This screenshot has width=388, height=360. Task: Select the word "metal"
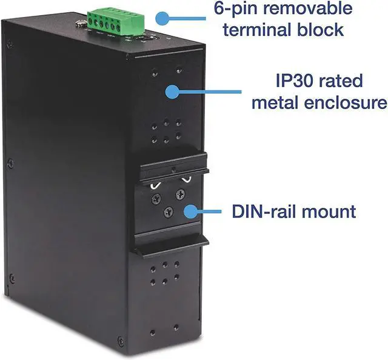click(x=276, y=102)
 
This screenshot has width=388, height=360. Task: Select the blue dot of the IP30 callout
click(x=173, y=92)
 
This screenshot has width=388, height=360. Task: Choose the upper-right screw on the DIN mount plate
click(x=179, y=195)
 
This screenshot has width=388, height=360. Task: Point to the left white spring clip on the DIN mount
click(x=156, y=182)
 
